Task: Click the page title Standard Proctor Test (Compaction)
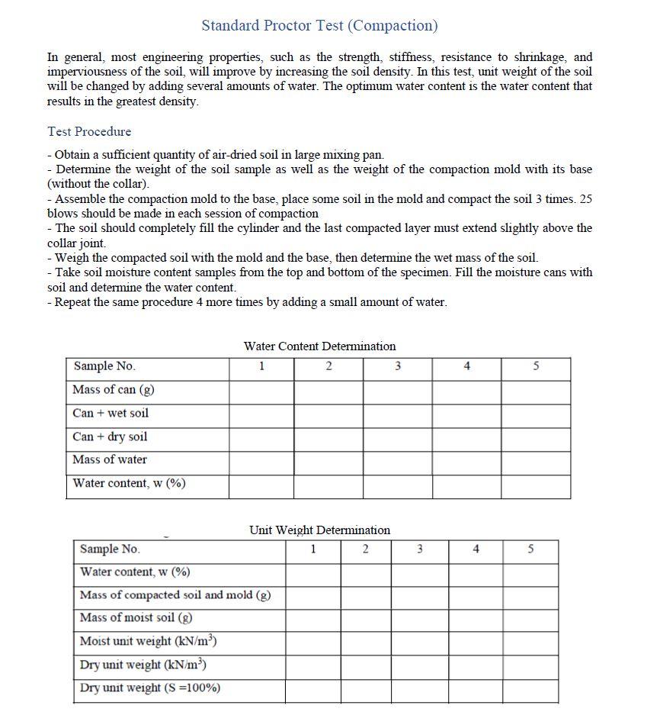[x=319, y=25]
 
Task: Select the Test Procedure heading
[x=89, y=131]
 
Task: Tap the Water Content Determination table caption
[x=319, y=346]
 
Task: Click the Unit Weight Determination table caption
[x=319, y=530]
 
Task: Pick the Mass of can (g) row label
[x=114, y=390]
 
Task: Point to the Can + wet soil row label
[x=111, y=413]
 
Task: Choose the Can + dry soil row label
[x=110, y=436]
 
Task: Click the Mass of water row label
[x=110, y=459]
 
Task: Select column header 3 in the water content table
[x=398, y=366]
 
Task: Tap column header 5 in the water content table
[x=536, y=366]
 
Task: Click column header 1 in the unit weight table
[x=313, y=549]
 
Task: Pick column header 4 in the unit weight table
[x=476, y=549]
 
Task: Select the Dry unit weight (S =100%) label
[x=150, y=688]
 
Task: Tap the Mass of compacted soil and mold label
[x=175, y=594]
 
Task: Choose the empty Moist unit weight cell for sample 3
[x=420, y=641]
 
